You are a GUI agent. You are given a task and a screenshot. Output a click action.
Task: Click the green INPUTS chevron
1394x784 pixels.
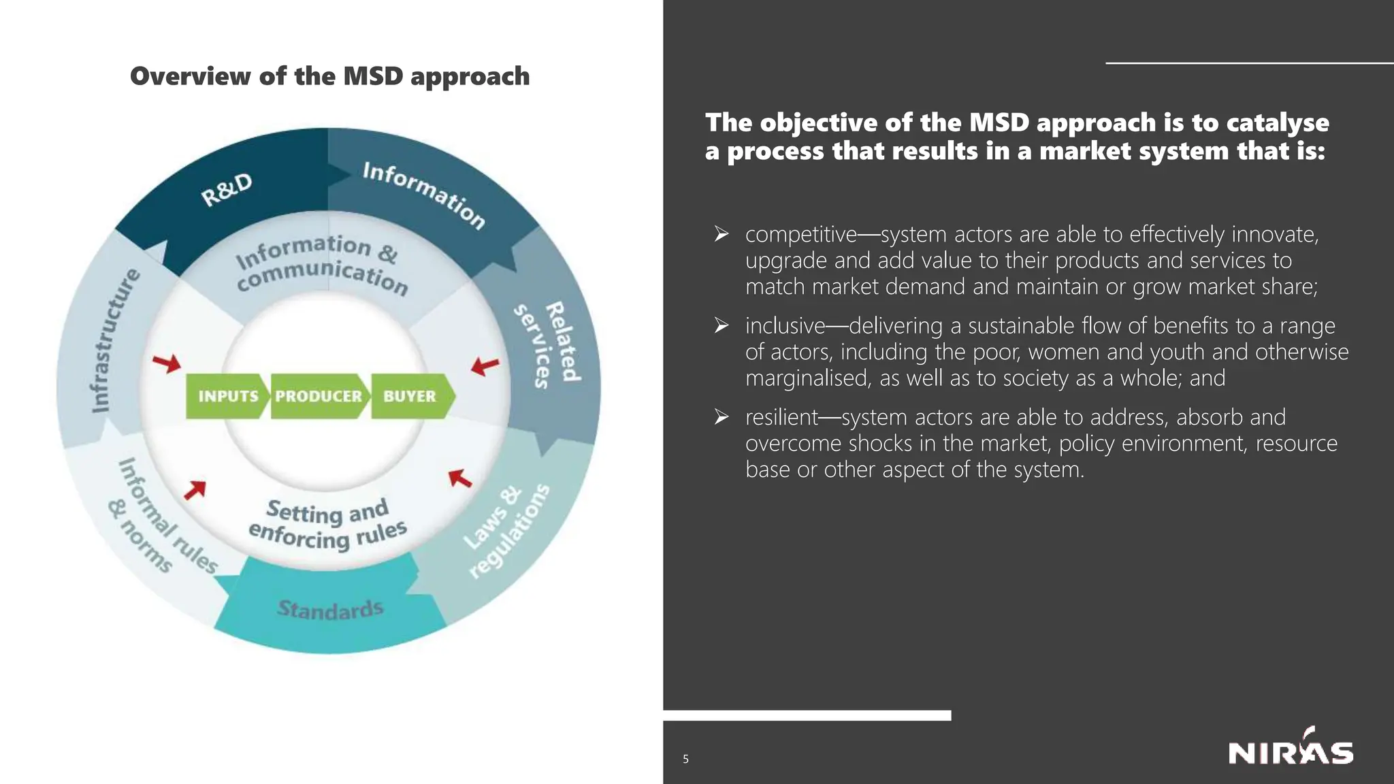(227, 396)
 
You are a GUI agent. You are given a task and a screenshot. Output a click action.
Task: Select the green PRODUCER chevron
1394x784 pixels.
(319, 396)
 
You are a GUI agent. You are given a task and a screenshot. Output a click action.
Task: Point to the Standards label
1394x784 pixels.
(330, 608)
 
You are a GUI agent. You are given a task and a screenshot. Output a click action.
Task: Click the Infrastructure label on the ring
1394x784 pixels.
(114, 340)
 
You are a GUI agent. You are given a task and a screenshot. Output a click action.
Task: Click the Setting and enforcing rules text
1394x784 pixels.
(327, 524)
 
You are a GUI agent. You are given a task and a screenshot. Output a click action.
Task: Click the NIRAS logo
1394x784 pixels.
(1291, 751)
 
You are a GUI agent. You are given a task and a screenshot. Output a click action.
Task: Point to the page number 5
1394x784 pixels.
(685, 759)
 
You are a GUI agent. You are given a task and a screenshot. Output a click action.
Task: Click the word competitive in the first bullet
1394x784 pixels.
(800, 234)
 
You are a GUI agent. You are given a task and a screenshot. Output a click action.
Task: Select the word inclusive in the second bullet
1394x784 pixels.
(785, 326)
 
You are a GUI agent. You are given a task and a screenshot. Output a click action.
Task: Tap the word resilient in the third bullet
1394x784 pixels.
(781, 417)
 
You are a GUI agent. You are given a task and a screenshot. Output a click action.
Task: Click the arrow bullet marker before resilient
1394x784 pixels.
(722, 416)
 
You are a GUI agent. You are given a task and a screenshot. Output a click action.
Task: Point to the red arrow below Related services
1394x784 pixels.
(485, 366)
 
